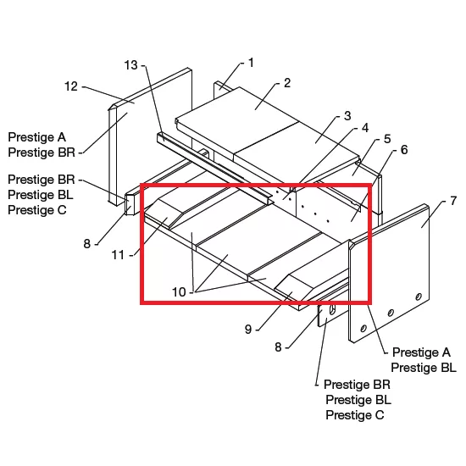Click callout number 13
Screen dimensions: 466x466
click(x=131, y=65)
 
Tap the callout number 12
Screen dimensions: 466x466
click(x=71, y=86)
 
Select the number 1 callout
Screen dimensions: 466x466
click(x=251, y=63)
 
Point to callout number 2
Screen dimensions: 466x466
click(x=286, y=83)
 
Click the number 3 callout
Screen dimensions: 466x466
click(x=347, y=116)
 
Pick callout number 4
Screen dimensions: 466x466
click(x=365, y=128)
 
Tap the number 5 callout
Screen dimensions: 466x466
click(x=387, y=139)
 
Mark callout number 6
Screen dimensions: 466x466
click(x=404, y=150)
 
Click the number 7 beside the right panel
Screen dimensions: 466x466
click(x=453, y=201)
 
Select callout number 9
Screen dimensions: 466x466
click(x=248, y=330)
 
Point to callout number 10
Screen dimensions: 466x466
click(x=180, y=292)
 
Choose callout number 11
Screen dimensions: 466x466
click(x=118, y=255)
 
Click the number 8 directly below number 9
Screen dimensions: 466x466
click(x=278, y=347)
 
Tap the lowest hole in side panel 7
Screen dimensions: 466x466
click(x=363, y=329)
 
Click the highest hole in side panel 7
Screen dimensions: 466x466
click(x=419, y=297)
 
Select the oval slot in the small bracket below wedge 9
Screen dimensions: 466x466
click(x=332, y=309)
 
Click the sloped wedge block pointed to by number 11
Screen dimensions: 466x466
click(x=164, y=213)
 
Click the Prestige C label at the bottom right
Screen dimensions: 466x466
click(x=355, y=415)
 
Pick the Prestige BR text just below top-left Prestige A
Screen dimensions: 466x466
click(x=42, y=153)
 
